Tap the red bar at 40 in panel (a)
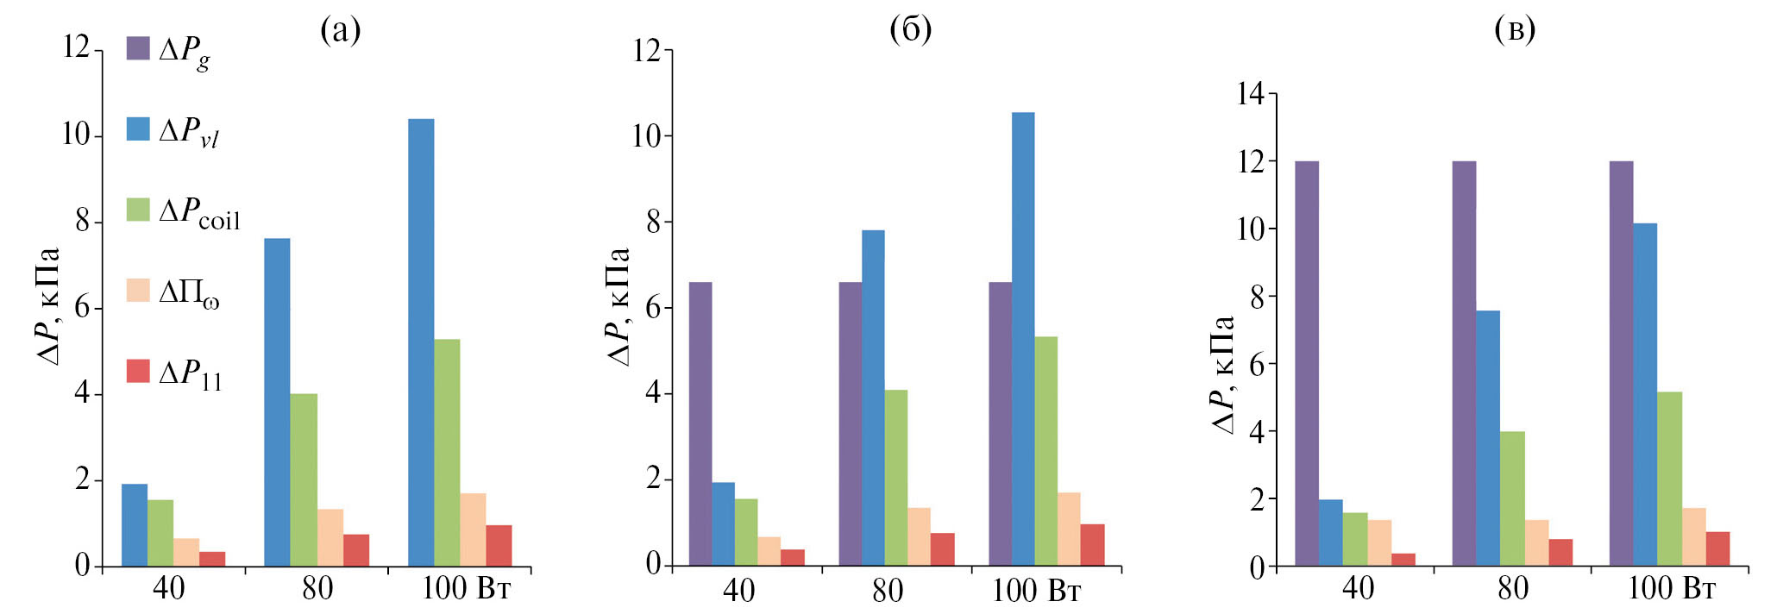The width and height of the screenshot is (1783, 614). [212, 559]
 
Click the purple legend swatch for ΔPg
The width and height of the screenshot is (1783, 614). [138, 47]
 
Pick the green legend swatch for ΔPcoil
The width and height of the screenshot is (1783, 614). [138, 210]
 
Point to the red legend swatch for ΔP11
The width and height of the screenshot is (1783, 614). [138, 372]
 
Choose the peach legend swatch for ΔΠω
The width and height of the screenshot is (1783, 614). [138, 291]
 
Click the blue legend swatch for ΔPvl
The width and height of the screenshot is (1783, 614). [138, 129]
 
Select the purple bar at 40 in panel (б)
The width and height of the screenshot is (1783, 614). [700, 423]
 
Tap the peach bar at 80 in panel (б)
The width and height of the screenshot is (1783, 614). [919, 536]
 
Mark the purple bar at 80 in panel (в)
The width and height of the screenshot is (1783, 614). [1464, 363]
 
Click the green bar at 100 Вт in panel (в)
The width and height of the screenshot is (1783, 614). [1669, 479]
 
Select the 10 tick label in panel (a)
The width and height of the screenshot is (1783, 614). [77, 135]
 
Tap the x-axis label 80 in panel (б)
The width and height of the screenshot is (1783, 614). [888, 591]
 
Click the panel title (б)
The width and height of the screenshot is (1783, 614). [910, 30]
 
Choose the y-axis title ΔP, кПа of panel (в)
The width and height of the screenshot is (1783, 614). [1223, 374]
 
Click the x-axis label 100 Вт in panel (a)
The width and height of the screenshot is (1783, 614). [466, 588]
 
